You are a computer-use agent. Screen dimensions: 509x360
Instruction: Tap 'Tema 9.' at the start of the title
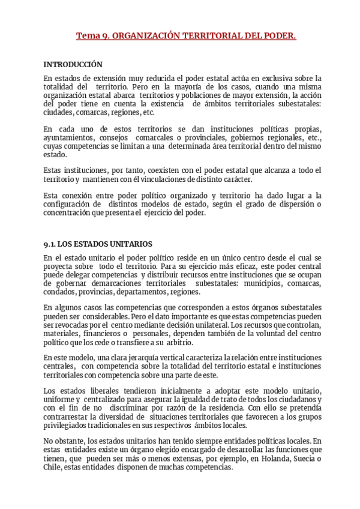click(x=91, y=37)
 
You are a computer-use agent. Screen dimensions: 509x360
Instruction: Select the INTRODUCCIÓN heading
click(x=73, y=64)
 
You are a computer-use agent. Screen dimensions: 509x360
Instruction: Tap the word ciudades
click(x=58, y=112)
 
